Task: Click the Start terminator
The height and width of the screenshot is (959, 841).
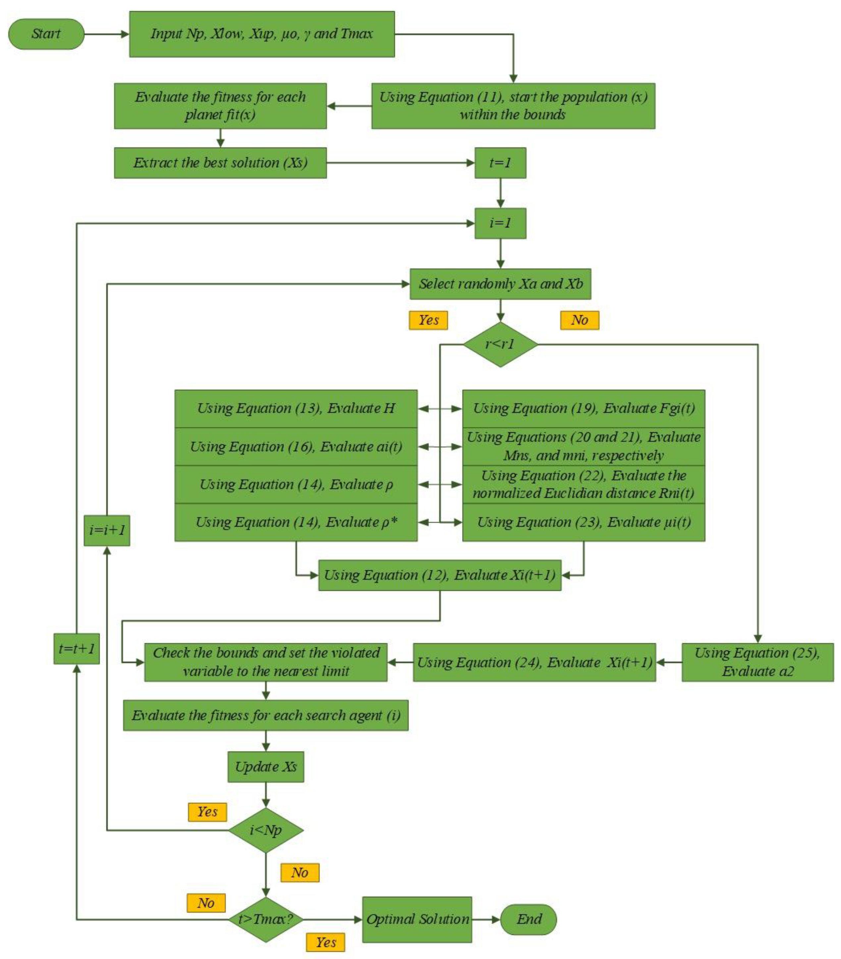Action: pos(46,34)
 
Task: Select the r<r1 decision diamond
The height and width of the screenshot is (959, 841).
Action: pos(500,344)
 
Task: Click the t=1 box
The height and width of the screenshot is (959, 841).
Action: pos(500,163)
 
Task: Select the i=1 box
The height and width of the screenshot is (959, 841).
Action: pos(500,223)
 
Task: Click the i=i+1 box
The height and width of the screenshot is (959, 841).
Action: pos(107,530)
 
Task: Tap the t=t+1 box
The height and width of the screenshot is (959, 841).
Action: pos(77,648)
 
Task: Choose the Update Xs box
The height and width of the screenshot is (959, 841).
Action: pos(266,767)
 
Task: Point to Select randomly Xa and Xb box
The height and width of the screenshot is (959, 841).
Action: pos(500,284)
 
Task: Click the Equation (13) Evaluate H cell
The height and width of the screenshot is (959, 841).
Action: pos(296,408)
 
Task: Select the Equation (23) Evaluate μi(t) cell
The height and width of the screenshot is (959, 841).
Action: pos(583,522)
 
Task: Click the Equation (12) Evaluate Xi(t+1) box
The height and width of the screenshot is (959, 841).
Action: pos(440,575)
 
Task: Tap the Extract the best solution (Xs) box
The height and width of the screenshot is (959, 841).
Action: pos(220,163)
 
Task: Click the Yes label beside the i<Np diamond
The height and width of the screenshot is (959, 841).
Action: pos(207,812)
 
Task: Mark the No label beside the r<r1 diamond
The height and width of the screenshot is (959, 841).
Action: pos(580,320)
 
